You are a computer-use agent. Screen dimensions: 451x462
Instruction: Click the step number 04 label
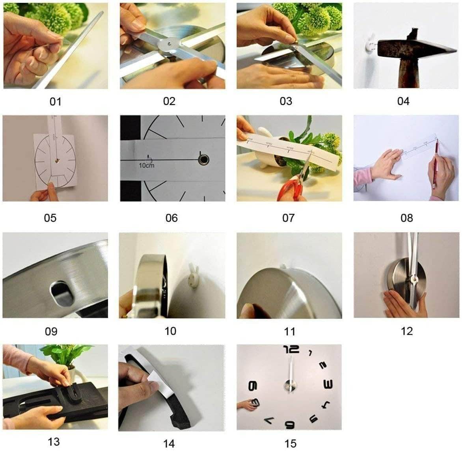403,101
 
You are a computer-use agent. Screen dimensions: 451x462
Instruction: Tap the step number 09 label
51,331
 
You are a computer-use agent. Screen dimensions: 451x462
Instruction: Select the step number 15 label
290,444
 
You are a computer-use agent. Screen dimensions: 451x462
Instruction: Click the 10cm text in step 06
147,166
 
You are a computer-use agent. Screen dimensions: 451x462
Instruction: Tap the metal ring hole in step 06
204,159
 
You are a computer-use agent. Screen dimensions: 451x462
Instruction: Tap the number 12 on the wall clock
291,349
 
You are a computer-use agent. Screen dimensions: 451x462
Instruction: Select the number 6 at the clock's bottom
290,424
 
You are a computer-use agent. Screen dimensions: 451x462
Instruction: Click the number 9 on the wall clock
253,386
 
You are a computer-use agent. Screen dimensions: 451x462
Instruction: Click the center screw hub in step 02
168,44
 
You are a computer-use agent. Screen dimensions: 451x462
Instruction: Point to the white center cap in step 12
414,280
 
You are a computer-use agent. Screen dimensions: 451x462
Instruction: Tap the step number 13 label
54,442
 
